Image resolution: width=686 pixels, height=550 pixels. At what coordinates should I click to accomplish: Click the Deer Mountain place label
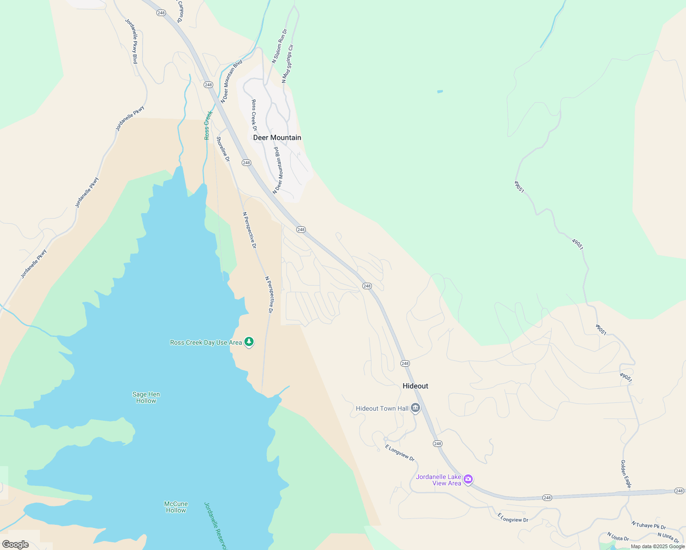(x=277, y=137)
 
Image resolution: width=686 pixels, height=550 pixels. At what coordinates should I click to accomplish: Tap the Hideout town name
(x=415, y=386)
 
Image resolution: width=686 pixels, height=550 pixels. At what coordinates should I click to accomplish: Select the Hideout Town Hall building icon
(x=415, y=408)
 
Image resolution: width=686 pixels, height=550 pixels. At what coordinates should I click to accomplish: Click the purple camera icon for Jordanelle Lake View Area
(x=468, y=479)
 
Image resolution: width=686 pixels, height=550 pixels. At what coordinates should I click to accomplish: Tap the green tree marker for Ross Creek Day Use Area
(x=249, y=342)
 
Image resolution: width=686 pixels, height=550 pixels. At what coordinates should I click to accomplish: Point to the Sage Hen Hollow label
(x=146, y=397)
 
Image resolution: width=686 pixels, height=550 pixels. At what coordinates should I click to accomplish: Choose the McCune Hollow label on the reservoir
(x=176, y=507)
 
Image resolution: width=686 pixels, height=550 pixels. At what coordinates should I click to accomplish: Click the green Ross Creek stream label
(x=208, y=125)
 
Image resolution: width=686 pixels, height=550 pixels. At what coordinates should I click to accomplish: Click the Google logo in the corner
(x=15, y=544)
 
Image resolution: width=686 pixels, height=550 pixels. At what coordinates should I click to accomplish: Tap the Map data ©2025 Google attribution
(x=657, y=546)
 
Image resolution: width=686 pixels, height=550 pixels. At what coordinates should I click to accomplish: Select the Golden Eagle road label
(x=626, y=473)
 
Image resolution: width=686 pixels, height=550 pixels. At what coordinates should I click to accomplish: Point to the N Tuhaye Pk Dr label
(x=648, y=525)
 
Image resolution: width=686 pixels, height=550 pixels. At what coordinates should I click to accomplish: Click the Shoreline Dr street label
(x=223, y=149)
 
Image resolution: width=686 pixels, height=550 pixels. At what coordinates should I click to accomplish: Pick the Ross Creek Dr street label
(x=254, y=115)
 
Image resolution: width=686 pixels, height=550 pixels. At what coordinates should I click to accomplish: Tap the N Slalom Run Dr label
(x=279, y=46)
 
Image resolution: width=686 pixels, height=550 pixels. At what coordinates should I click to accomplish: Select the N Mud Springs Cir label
(x=288, y=64)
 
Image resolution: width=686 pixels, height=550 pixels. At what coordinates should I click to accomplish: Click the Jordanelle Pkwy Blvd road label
(x=132, y=41)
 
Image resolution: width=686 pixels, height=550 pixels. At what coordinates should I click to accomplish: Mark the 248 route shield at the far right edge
(x=679, y=491)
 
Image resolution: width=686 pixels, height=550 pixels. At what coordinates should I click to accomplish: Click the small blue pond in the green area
(x=440, y=92)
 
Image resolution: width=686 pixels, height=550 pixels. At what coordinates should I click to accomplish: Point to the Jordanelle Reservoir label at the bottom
(x=216, y=526)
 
